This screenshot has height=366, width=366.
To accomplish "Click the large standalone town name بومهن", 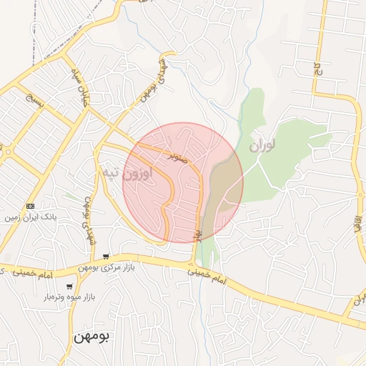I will pos(90,337).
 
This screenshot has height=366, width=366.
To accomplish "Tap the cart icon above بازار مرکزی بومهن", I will pos(106,257).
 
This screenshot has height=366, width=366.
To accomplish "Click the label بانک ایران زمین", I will pos(30,216).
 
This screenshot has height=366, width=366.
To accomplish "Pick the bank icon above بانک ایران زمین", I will pos(29,206).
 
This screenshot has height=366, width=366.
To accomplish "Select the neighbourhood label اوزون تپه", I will pos(127,174).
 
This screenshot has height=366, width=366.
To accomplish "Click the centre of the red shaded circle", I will pos(183,183).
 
